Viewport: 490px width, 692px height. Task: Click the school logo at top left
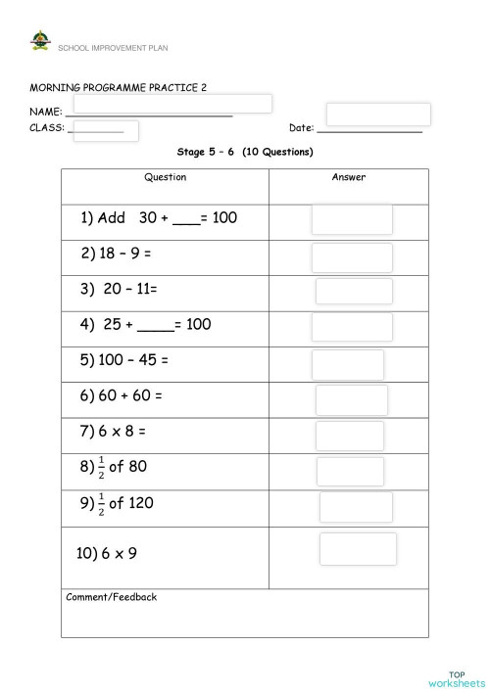40,41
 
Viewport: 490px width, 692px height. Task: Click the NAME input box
171,104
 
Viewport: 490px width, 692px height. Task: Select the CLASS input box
106,131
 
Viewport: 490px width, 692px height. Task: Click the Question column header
165,178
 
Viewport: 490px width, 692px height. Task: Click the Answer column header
348,178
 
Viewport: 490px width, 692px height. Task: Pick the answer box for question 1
352,219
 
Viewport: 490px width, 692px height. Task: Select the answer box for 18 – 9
352,257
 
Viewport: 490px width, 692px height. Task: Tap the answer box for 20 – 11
354,292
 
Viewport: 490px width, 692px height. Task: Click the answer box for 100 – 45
348,364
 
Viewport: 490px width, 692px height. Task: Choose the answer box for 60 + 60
352,399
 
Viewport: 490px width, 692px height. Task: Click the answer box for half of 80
350,471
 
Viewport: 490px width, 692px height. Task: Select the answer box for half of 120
356,507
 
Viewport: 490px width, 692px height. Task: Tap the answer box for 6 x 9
358,549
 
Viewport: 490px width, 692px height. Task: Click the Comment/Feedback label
111,597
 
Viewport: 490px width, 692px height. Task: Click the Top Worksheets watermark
456,677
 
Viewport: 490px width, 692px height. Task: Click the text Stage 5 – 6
207,152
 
